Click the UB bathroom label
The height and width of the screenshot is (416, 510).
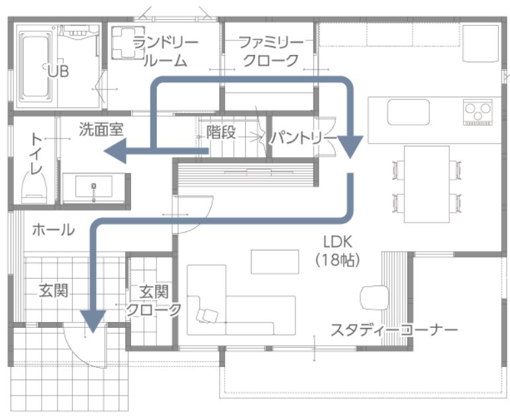tap(58, 72)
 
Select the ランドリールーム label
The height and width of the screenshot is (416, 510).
tap(165, 52)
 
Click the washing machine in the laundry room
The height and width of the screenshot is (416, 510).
tap(128, 43)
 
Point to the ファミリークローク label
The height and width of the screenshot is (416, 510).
tap(271, 52)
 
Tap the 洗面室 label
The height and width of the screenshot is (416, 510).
tap(101, 129)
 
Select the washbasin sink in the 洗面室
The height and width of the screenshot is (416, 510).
tap(93, 187)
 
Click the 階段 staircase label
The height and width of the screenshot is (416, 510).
tap(221, 132)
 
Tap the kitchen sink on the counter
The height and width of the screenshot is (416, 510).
tap(408, 112)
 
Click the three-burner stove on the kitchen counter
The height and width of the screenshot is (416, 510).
tap(478, 112)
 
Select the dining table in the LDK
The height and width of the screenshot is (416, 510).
tap(427, 184)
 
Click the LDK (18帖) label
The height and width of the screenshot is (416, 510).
tap(338, 250)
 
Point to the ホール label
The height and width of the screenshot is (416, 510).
tap(54, 230)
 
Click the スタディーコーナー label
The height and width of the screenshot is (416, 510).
tap(394, 330)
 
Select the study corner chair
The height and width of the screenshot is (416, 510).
tap(375, 297)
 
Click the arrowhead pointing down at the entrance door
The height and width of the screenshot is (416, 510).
tap(93, 321)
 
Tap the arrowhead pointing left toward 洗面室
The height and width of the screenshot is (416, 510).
tap(115, 150)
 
